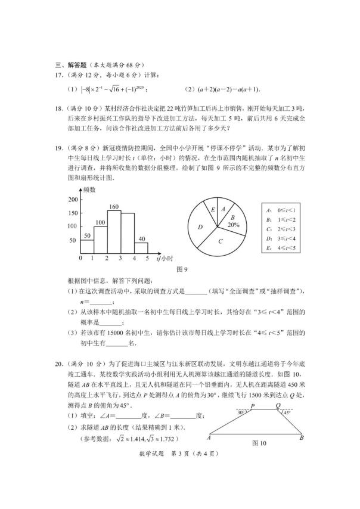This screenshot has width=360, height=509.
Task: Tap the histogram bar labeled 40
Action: click(x=142, y=249)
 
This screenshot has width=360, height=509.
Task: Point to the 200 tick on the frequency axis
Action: click(x=75, y=199)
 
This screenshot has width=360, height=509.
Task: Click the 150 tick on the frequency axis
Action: click(x=75, y=213)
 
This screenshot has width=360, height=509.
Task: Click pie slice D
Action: click(x=201, y=227)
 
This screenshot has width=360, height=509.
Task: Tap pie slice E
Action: click(x=213, y=210)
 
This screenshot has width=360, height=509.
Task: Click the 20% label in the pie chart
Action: click(x=233, y=225)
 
